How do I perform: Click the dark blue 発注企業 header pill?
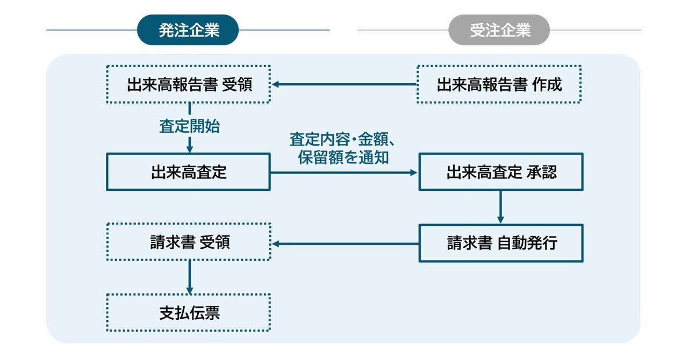(x=188, y=30)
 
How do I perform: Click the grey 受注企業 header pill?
(x=499, y=30)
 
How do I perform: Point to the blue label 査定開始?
(x=189, y=126)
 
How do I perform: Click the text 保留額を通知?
(x=343, y=157)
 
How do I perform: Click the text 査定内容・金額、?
(x=342, y=139)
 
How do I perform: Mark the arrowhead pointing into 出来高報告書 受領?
(x=276, y=84)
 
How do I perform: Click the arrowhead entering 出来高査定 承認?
(x=414, y=172)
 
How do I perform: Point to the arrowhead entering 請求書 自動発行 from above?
(x=500, y=220)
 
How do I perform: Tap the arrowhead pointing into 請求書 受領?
(x=276, y=244)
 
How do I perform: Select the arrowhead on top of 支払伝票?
(x=190, y=290)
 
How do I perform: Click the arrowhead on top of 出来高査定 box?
(x=190, y=149)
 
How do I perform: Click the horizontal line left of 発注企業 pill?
(x=92, y=30)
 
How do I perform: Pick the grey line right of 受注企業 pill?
(x=595, y=30)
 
